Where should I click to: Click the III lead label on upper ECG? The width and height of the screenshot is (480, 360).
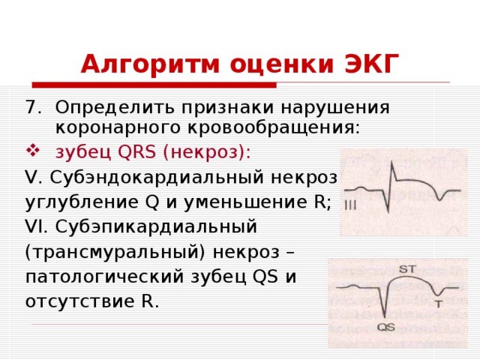click(350, 205)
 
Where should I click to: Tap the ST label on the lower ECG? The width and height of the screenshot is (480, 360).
click(409, 268)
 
